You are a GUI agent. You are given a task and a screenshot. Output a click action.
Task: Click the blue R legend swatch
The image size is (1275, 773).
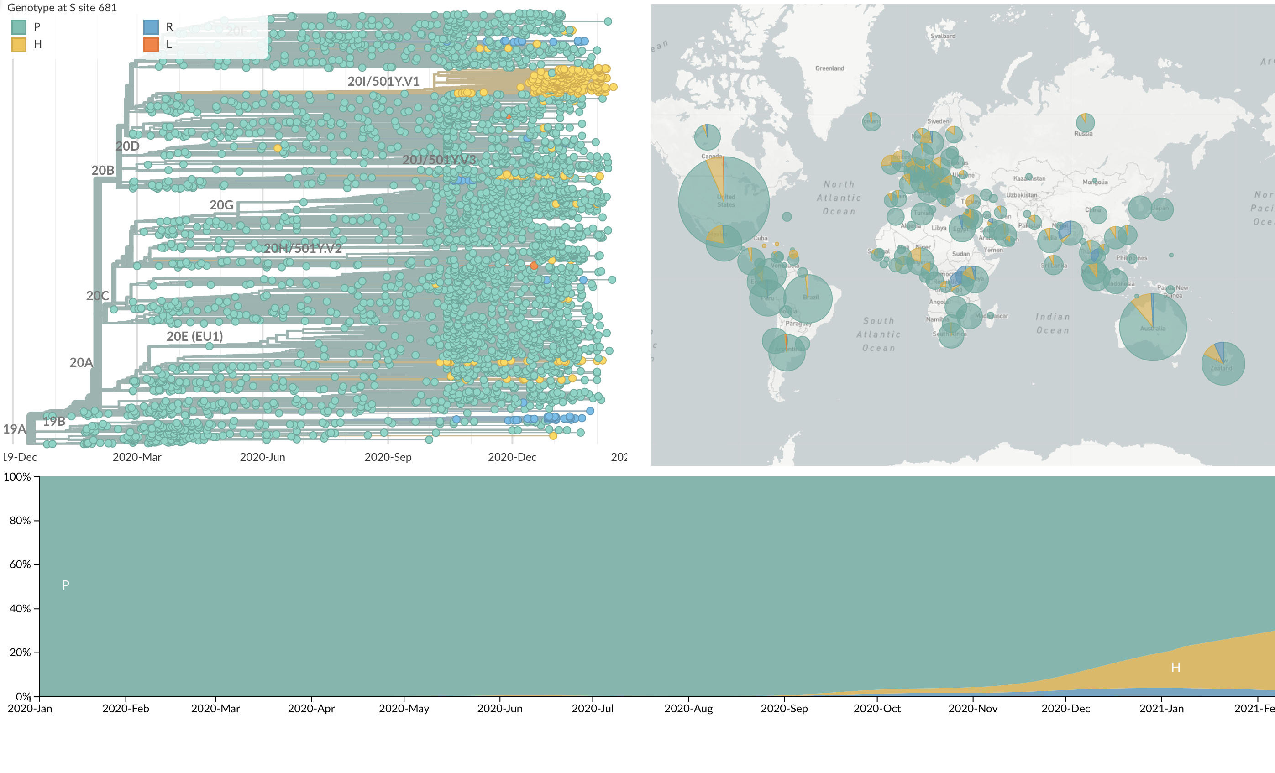[151, 27]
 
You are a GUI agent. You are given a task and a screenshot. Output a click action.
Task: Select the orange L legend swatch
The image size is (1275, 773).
[151, 45]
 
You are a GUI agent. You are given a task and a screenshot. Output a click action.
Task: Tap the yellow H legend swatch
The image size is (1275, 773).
[19, 45]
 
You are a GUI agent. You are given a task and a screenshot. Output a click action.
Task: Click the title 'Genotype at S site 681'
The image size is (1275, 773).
[62, 8]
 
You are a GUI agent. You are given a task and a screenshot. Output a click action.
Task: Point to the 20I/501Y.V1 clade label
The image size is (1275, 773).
[383, 81]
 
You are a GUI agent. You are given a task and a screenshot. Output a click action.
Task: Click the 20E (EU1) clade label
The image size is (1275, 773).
[194, 336]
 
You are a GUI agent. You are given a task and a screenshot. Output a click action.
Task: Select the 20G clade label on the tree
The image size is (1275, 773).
[221, 205]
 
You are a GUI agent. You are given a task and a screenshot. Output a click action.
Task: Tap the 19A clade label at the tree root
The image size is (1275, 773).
[14, 429]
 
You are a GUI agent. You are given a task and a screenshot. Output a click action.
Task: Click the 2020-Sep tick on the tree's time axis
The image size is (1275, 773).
[388, 457]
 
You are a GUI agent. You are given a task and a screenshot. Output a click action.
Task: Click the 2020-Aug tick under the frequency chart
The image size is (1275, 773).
[688, 708]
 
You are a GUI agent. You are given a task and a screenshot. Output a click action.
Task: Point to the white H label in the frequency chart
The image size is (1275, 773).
[1175, 668]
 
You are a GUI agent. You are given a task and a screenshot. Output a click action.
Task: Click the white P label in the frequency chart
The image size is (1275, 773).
[66, 585]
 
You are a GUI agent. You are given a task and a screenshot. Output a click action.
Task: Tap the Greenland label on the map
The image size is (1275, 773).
[829, 68]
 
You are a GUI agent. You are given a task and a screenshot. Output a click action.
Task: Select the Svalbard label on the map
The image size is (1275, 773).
[943, 36]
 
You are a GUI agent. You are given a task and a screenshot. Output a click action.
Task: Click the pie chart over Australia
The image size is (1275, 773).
[1153, 327]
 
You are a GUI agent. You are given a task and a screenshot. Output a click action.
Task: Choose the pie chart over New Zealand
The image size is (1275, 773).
[1223, 364]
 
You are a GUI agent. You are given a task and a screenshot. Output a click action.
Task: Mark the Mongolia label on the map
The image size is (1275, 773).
[1095, 182]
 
